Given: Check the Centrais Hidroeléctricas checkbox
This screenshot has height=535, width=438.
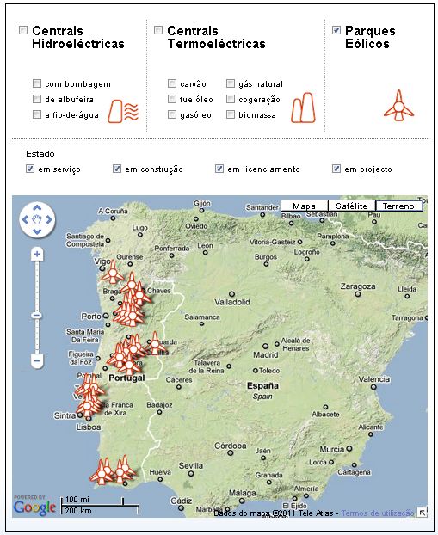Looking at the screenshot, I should (23, 31).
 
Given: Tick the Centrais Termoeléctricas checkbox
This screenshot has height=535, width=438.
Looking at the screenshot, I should (158, 31).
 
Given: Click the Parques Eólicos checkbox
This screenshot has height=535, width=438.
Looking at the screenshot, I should (336, 31).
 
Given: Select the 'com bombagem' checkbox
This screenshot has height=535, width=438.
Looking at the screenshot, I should (37, 84).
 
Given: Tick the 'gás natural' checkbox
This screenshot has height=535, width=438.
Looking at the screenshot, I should (231, 84).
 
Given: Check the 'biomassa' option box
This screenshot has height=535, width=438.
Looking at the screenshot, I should (231, 114).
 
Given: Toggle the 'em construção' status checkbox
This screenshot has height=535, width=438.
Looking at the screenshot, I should (117, 169).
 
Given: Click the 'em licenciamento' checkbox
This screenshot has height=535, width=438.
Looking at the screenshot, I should (219, 169).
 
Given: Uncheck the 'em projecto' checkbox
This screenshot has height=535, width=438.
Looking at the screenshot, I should (336, 169).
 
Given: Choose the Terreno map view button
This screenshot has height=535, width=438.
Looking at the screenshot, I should (399, 206).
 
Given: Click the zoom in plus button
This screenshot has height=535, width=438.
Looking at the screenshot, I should (37, 255).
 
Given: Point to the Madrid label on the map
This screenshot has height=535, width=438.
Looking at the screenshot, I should (266, 354).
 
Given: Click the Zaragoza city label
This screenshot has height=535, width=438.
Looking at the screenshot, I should (361, 286).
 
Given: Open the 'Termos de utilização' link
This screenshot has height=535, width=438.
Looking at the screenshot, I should (378, 513).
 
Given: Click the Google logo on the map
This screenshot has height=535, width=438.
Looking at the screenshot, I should (35, 507).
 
